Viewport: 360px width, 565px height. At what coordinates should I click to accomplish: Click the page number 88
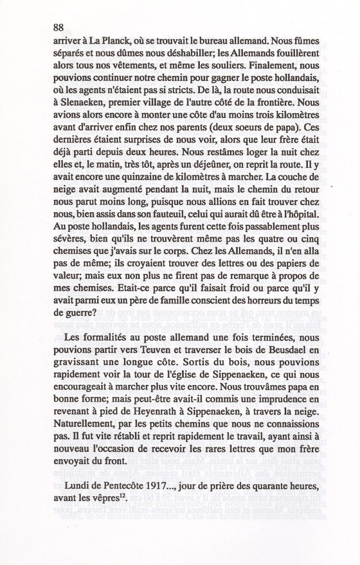(x=58, y=27)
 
